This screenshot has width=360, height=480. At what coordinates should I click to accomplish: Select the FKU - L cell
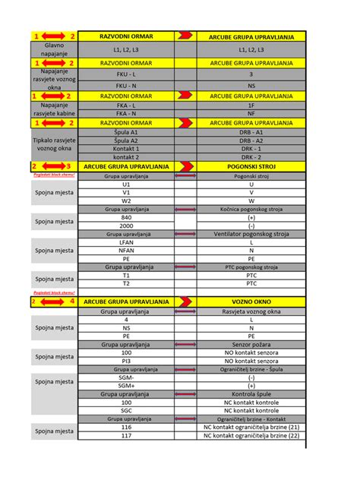(126, 75)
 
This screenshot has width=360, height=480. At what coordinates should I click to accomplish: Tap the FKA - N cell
(126, 113)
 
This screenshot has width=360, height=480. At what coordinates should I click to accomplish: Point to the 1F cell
(251, 105)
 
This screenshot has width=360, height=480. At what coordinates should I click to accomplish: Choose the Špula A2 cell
(126, 141)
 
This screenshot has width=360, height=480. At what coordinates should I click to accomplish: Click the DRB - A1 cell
(251, 132)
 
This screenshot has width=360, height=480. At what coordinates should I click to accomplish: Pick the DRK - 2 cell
(251, 156)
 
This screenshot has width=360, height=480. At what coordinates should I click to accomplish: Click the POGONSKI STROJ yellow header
(251, 166)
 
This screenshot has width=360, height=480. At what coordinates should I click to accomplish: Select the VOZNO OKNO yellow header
(251, 302)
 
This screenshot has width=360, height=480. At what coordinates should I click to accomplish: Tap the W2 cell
(126, 201)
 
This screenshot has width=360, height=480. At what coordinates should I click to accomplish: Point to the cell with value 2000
(126, 226)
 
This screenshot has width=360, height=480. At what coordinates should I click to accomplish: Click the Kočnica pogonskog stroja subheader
(251, 209)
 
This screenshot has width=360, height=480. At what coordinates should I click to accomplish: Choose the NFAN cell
(126, 251)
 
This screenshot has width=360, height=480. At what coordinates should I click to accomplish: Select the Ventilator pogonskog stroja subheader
(251, 234)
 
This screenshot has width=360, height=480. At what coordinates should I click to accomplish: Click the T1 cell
(126, 276)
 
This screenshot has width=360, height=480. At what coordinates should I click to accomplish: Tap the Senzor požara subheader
(251, 344)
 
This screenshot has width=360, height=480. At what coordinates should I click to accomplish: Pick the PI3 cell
(126, 361)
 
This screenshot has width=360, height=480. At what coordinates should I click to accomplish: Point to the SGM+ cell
(126, 386)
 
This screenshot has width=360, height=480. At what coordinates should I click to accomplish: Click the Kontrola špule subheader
(251, 394)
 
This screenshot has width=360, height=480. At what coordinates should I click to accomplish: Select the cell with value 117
(126, 435)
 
